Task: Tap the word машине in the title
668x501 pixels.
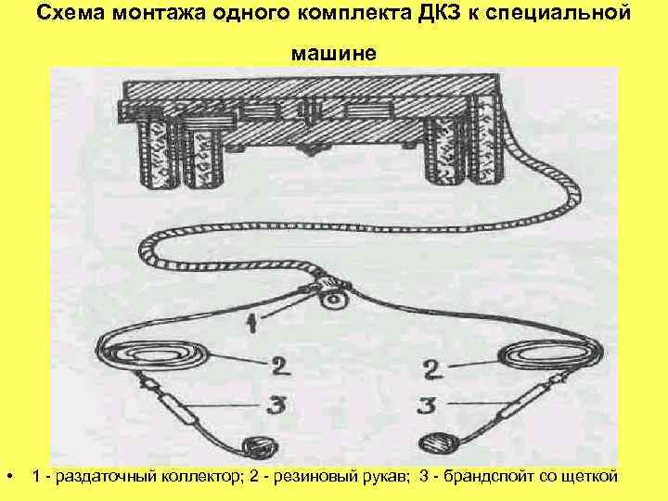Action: [x=334, y=53]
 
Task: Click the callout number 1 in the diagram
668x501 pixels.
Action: [x=250, y=323]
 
